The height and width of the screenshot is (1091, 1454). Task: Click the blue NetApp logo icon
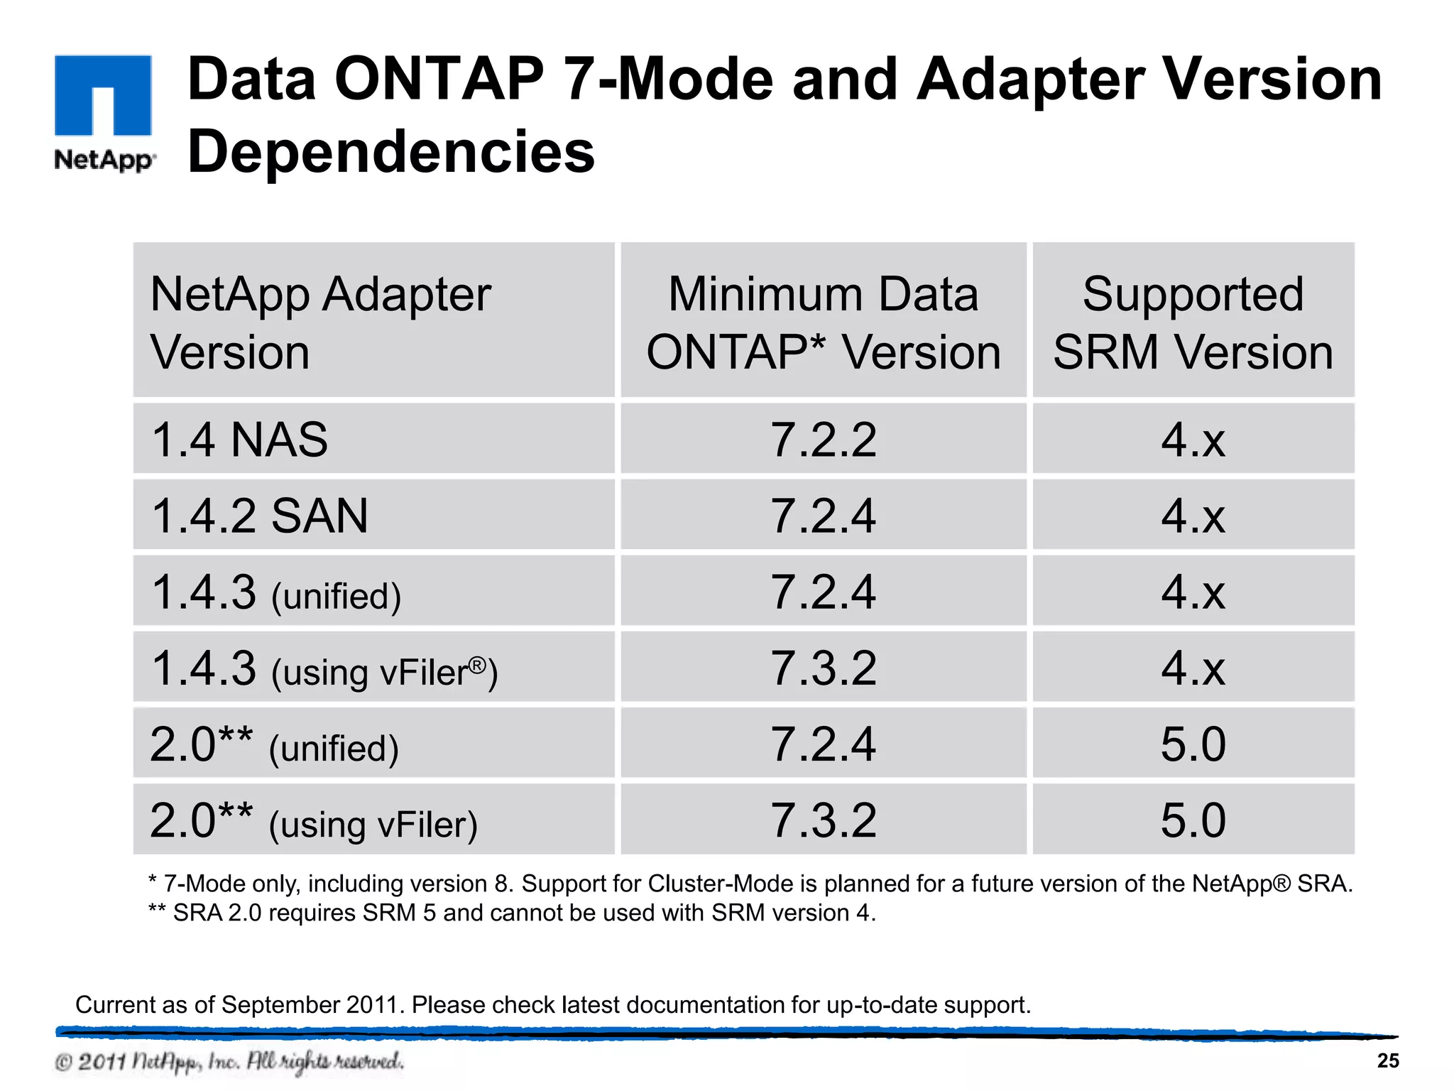click(103, 95)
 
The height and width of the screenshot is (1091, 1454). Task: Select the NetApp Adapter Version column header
click(321, 322)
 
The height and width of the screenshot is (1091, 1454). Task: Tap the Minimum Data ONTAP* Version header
click(824, 322)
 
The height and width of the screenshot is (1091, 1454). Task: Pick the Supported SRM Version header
click(1193, 322)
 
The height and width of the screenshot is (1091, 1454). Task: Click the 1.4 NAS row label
click(240, 440)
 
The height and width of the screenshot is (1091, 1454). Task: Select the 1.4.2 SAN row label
click(260, 516)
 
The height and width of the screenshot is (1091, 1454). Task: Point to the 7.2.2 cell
click(824, 440)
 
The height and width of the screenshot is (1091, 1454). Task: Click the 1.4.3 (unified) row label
click(276, 592)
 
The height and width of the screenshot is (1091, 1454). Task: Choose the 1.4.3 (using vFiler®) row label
click(324, 669)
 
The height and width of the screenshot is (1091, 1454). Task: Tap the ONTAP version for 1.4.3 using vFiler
click(824, 668)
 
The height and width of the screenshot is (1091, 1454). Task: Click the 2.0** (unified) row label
click(274, 745)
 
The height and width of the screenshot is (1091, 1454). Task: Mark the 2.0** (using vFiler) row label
click(313, 821)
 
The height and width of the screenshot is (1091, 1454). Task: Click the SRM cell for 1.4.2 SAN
click(1193, 516)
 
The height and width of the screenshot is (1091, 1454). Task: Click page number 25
click(1388, 1060)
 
